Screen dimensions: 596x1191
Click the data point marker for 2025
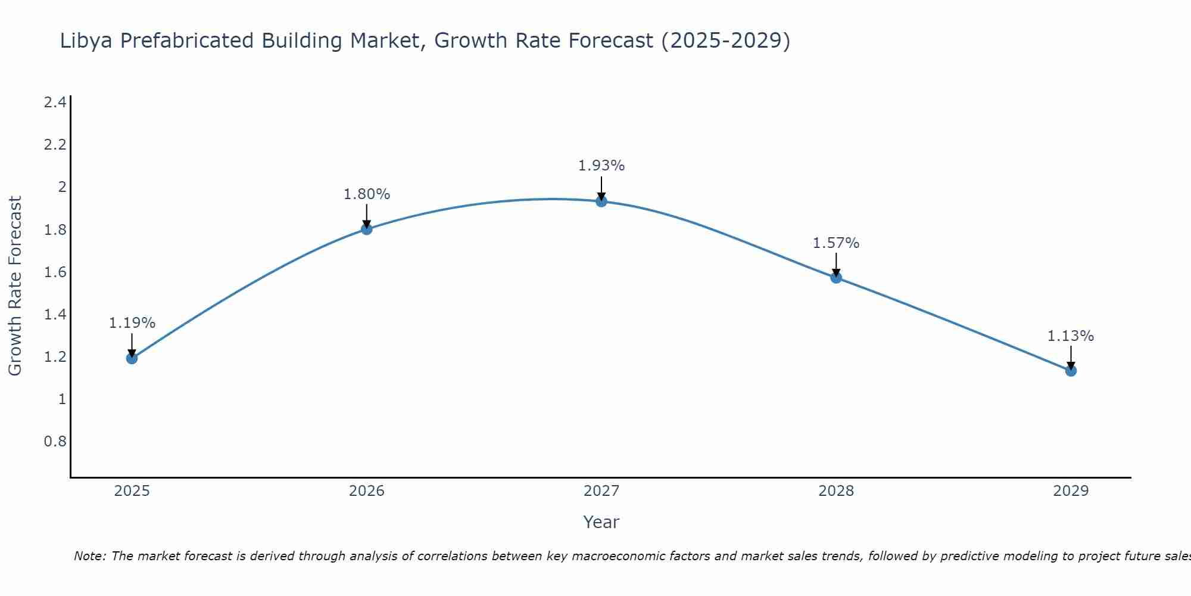pos(132,358)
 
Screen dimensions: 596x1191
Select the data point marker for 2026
pos(367,229)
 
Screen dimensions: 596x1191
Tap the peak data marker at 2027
pos(601,201)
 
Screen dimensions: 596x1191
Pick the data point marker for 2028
pos(836,278)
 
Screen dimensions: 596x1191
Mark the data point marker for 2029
pos(1071,371)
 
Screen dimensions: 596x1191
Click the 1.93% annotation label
pos(601,166)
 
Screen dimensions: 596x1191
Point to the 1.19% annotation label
pos(132,323)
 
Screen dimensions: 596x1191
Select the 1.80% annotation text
pos(367,194)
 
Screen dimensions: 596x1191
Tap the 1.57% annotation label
pos(836,243)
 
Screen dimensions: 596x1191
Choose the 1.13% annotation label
pos(1071,336)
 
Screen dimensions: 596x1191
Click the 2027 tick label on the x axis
pos(601,491)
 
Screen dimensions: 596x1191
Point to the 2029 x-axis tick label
pos(1071,491)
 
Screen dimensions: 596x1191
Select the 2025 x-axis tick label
pos(132,491)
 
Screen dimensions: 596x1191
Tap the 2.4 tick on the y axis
pos(55,103)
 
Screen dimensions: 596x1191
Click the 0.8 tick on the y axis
pos(55,442)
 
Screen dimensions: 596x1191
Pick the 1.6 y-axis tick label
pos(55,272)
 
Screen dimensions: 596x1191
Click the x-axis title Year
pos(601,522)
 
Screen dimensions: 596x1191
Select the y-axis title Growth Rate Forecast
pos(15,286)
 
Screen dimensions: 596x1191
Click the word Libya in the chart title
pos(86,41)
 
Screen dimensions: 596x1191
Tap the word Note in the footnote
pos(89,556)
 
